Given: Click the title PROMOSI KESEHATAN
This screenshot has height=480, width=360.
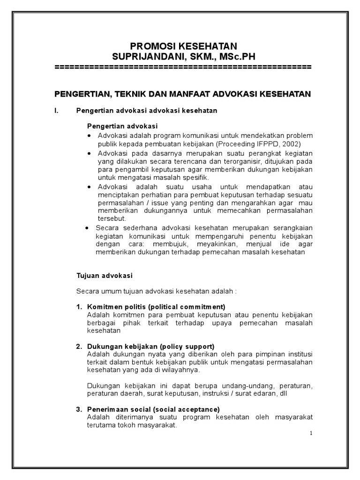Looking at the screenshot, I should (x=183, y=46).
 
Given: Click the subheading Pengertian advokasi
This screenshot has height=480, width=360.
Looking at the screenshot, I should (x=123, y=127).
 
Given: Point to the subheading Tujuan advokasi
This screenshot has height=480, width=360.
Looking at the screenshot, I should (x=105, y=276).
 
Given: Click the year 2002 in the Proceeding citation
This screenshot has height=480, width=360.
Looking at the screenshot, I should (x=291, y=144).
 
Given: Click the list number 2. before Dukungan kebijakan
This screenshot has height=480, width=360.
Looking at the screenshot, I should (x=79, y=346).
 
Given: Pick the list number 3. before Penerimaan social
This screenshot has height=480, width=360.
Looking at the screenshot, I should (x=79, y=409).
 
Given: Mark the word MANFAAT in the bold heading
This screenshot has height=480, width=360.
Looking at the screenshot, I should (x=180, y=94).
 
